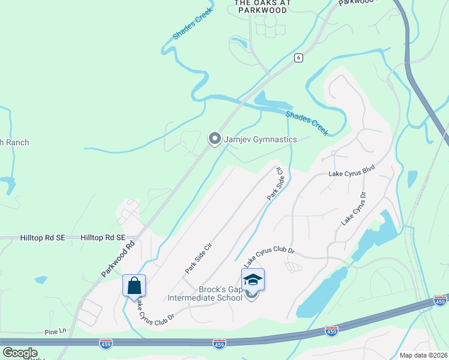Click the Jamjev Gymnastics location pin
(214, 139)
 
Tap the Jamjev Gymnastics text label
(261, 140)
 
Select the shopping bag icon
(134, 286)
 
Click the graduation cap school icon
(253, 280)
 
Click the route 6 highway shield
(298, 58)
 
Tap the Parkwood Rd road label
(118, 259)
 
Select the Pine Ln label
(55, 331)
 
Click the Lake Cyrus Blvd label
(351, 173)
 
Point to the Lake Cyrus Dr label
(354, 209)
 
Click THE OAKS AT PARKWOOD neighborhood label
(262, 7)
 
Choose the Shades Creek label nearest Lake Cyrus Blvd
(307, 122)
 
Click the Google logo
(20, 353)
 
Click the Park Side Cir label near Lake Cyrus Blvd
(275, 184)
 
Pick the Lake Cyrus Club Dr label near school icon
(269, 257)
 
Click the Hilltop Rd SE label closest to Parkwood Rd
(103, 238)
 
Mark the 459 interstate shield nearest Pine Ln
(106, 343)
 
